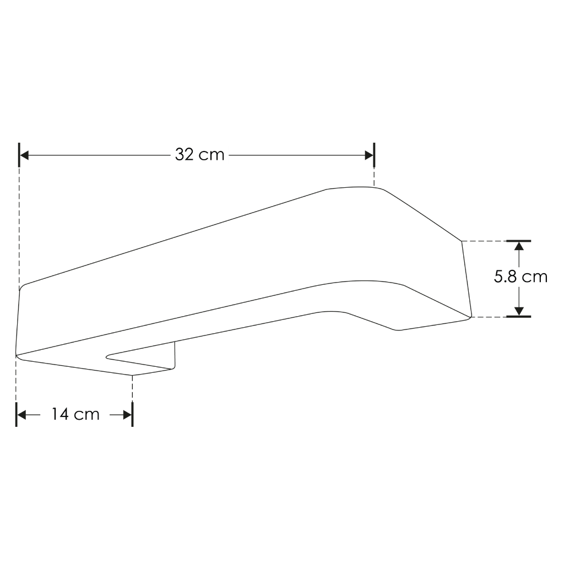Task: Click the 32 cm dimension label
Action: [199, 155]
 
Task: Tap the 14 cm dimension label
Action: [75, 414]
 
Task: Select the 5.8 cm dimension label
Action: [520, 276]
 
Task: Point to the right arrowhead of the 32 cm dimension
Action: [369, 155]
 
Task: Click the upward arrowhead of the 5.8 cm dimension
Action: [519, 246]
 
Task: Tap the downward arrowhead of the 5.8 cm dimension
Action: [519, 312]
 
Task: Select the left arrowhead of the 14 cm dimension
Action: [21, 415]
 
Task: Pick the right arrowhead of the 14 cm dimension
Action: [127, 415]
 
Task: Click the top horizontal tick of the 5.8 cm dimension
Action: [519, 241]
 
